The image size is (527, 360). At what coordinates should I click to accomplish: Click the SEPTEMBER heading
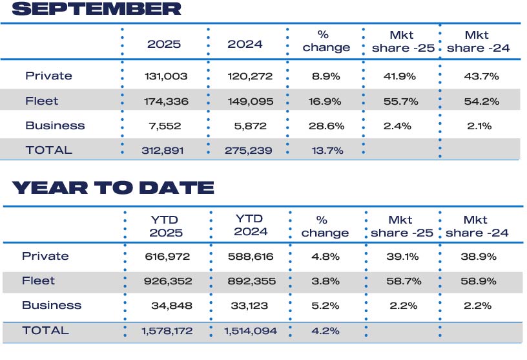point(96,9)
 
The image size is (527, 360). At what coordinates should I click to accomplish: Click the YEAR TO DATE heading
point(113,188)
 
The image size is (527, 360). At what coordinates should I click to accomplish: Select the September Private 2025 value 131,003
point(166,76)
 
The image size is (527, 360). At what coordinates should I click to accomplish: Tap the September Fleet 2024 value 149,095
point(250,101)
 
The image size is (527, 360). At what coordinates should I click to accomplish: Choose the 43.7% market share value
point(481,76)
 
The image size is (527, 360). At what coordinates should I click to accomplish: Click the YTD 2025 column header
point(166,226)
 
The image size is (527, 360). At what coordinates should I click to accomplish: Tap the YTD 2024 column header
point(250,226)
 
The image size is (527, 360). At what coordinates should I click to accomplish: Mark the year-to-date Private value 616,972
point(166,257)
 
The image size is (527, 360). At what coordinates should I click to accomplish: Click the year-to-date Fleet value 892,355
point(250,281)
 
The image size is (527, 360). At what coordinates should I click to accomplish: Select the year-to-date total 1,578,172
point(166,331)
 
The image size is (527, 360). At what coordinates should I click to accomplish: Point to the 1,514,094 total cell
point(250,331)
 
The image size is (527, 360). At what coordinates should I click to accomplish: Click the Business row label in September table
point(55,125)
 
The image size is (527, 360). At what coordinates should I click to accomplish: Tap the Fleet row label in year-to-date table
point(39,281)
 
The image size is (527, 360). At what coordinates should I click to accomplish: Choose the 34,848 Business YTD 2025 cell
point(170,306)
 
